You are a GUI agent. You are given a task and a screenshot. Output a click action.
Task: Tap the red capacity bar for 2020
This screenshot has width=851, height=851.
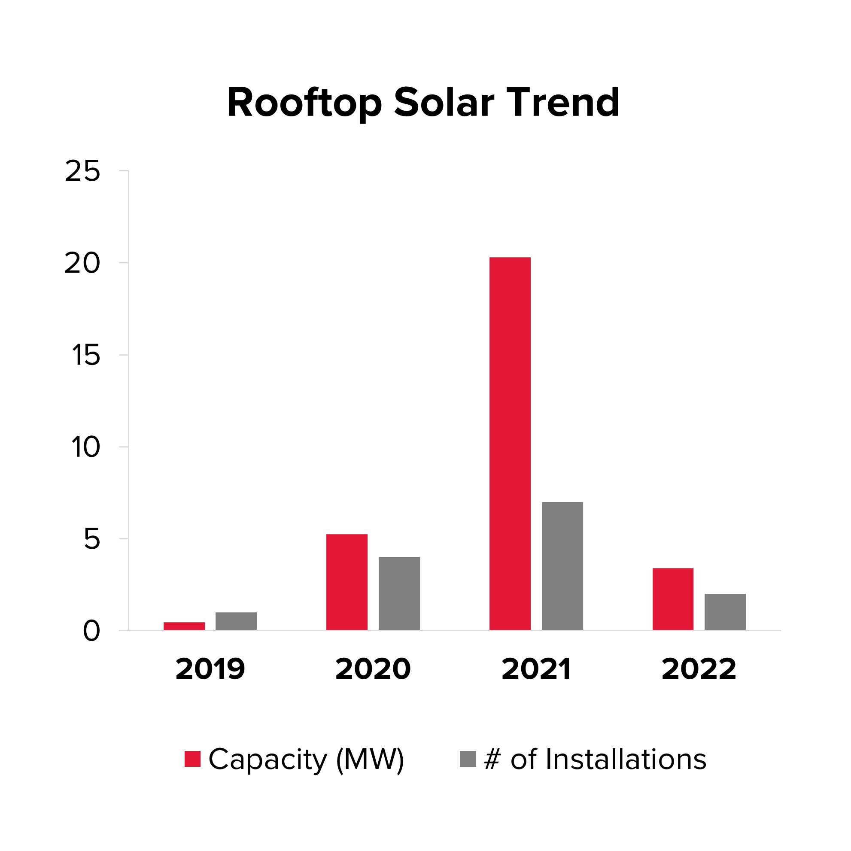point(346,582)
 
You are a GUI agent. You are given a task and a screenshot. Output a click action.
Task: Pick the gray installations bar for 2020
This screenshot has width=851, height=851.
point(399,593)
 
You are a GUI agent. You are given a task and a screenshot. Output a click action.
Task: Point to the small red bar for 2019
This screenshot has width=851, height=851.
point(184,626)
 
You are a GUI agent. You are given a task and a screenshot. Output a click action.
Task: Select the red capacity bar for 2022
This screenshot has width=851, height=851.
point(673,599)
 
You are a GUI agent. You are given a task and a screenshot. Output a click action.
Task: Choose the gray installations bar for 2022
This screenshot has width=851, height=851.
point(725,612)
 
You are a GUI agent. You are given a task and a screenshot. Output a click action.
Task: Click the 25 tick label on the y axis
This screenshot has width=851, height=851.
point(82,171)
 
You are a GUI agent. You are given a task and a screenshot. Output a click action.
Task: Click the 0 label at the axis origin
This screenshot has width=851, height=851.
point(91,632)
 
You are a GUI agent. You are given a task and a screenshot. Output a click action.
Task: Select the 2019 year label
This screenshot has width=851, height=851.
point(210,669)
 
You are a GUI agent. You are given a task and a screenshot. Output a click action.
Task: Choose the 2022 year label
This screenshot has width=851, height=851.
point(699,669)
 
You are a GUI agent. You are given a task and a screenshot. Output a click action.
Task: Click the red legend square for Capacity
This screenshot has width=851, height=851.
point(192,759)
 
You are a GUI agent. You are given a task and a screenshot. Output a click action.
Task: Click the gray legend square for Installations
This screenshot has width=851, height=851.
point(468,759)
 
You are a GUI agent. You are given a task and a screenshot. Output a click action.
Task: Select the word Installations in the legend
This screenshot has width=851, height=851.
point(626,760)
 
